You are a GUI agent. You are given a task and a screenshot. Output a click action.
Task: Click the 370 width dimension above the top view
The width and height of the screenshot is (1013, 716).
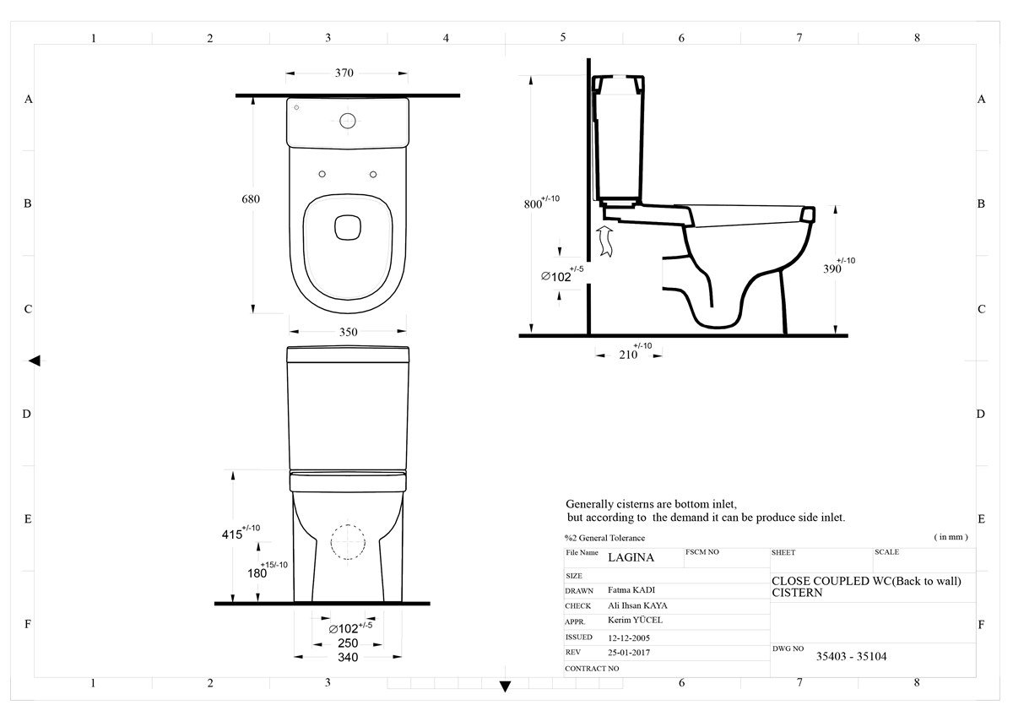(344, 73)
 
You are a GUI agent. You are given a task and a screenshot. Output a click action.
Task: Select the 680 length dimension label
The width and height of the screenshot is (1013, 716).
(251, 199)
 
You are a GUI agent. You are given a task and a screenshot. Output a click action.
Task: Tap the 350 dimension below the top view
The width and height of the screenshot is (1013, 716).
(348, 332)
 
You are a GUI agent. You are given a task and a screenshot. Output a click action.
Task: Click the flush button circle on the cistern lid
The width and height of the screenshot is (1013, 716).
(348, 121)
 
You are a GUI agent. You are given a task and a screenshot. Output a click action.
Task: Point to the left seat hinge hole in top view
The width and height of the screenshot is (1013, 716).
(322, 174)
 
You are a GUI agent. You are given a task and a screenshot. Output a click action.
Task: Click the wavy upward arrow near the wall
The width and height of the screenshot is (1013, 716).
(604, 241)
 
